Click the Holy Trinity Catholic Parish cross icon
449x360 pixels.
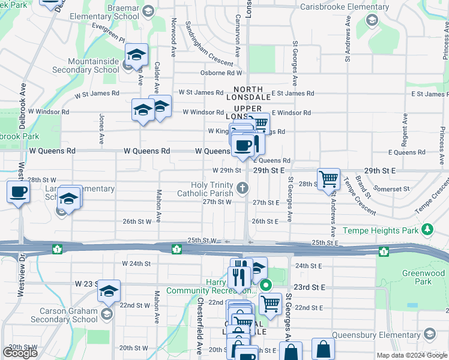(x=243, y=189)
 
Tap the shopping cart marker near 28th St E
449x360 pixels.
(x=329, y=178)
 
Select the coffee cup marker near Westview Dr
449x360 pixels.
(x=18, y=193)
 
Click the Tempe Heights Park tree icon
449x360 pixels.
(x=427, y=230)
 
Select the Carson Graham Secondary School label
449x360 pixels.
(x=68, y=315)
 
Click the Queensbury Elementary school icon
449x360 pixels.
(x=429, y=334)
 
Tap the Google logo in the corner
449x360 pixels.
(x=20, y=353)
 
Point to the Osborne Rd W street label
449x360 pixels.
(x=221, y=74)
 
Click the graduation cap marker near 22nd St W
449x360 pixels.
(x=109, y=291)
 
